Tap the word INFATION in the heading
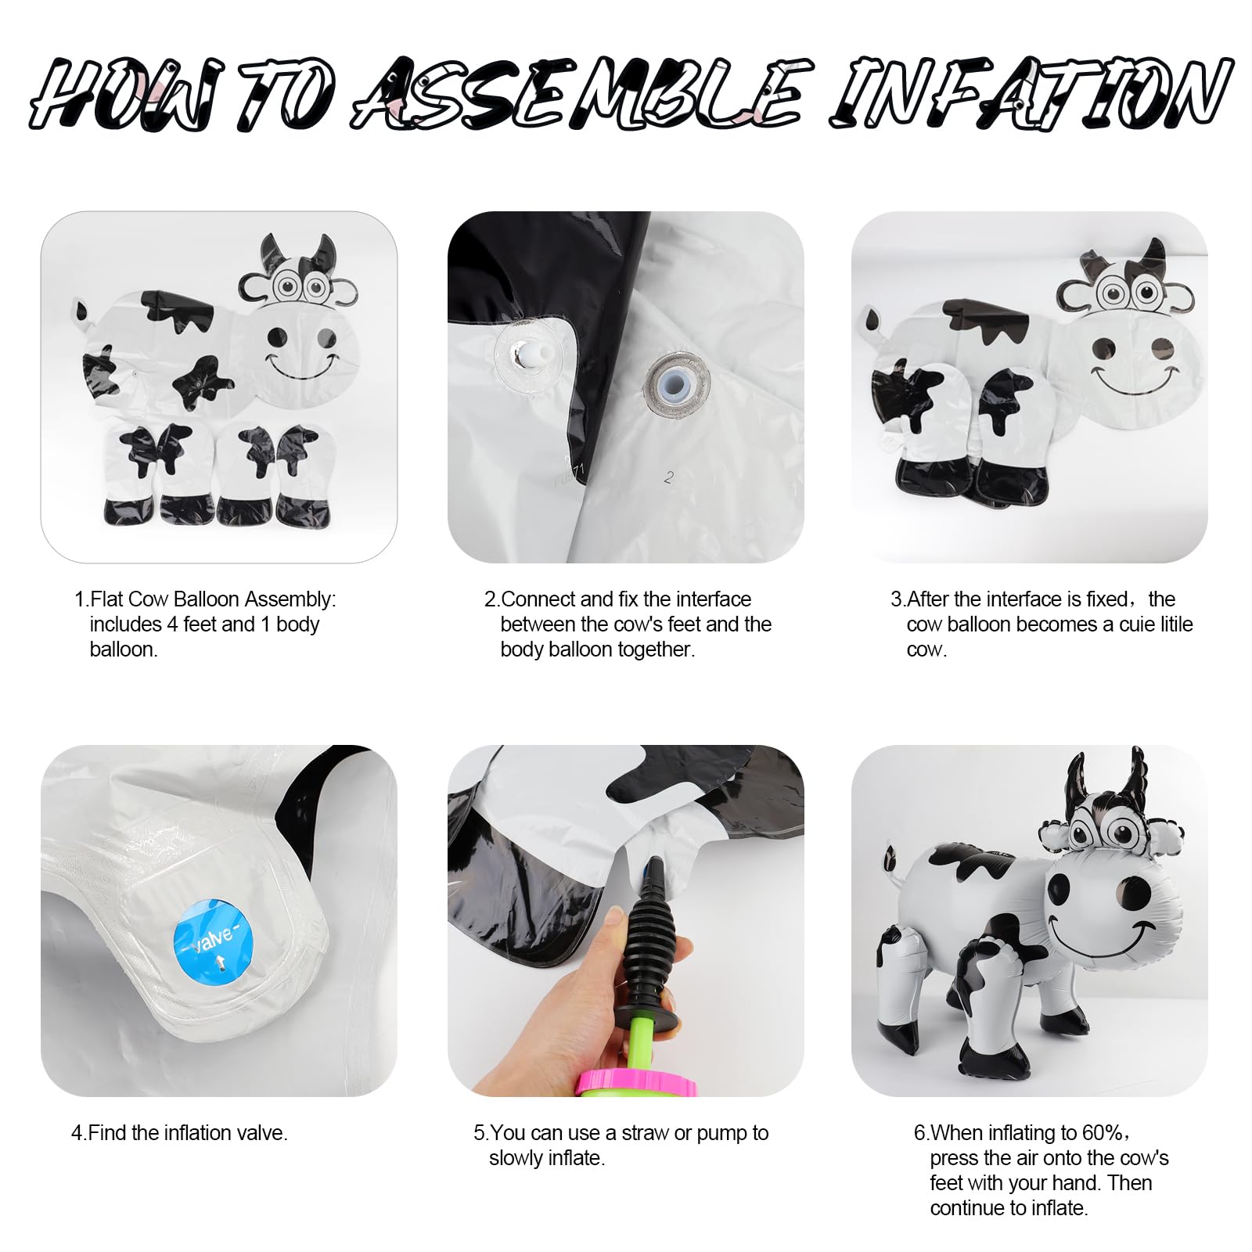1031,92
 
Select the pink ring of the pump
635,1083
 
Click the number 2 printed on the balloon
669,477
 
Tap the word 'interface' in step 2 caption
713,599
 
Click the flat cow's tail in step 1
81,312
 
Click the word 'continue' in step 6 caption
969,1208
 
